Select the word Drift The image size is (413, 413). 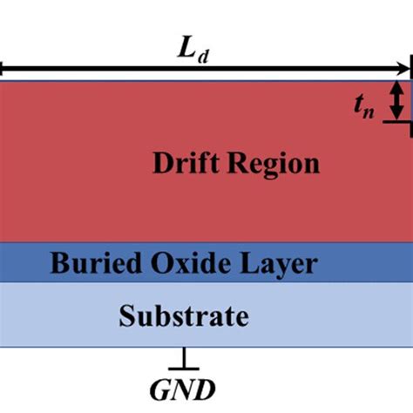click(184, 163)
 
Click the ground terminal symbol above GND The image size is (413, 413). click(184, 356)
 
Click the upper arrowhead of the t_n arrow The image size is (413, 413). click(396, 87)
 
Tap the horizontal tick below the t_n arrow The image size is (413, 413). click(400, 122)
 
